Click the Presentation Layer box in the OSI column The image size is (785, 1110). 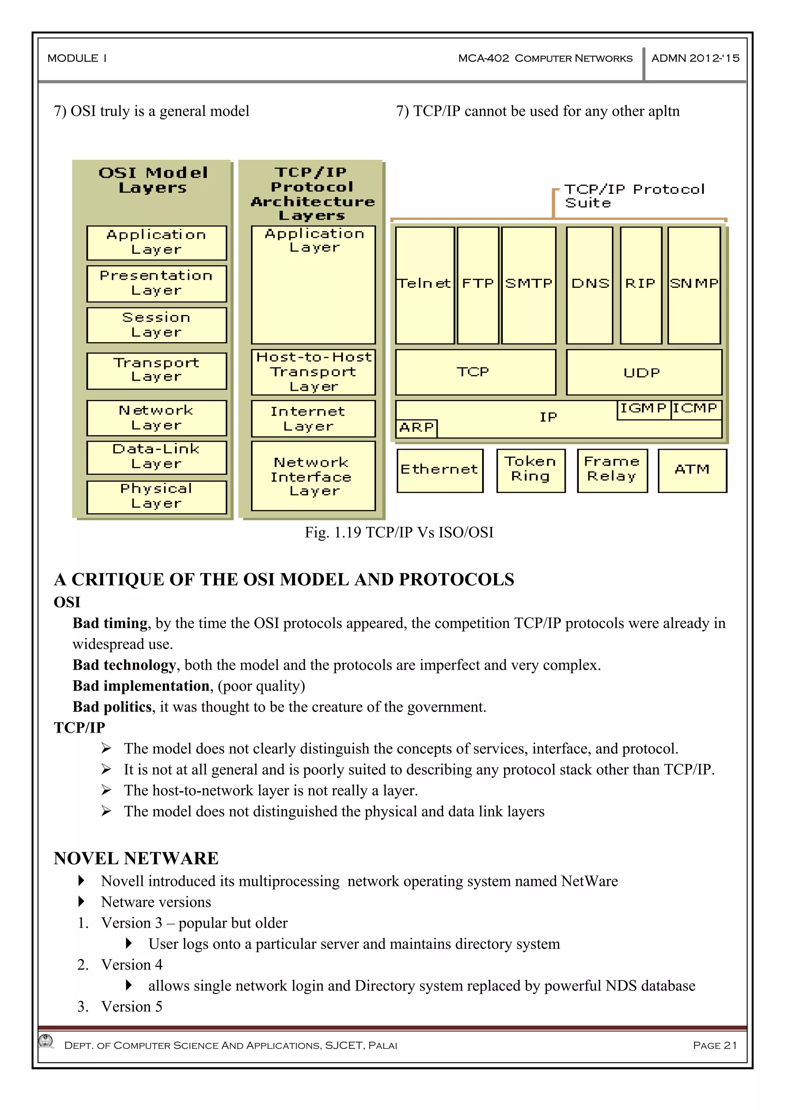(156, 283)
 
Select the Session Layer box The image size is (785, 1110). (156, 325)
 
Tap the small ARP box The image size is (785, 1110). (416, 428)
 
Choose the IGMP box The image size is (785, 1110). (643, 409)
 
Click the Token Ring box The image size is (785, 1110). (530, 470)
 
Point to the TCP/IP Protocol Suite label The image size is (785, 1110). (634, 196)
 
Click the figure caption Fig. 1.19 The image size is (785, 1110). (399, 532)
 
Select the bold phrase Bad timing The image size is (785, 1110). (110, 623)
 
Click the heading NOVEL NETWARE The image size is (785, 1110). (136, 858)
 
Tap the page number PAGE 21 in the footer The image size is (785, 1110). (714, 1045)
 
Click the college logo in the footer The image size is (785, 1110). (46, 1041)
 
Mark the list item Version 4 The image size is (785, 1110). (131, 964)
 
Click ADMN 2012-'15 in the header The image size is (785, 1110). (695, 59)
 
